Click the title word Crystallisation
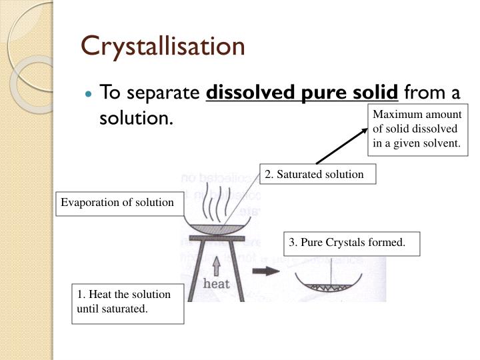[163, 46]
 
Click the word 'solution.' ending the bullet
[136, 118]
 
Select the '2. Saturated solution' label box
[314, 174]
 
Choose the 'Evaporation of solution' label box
[118, 203]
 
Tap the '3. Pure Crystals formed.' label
[347, 243]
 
